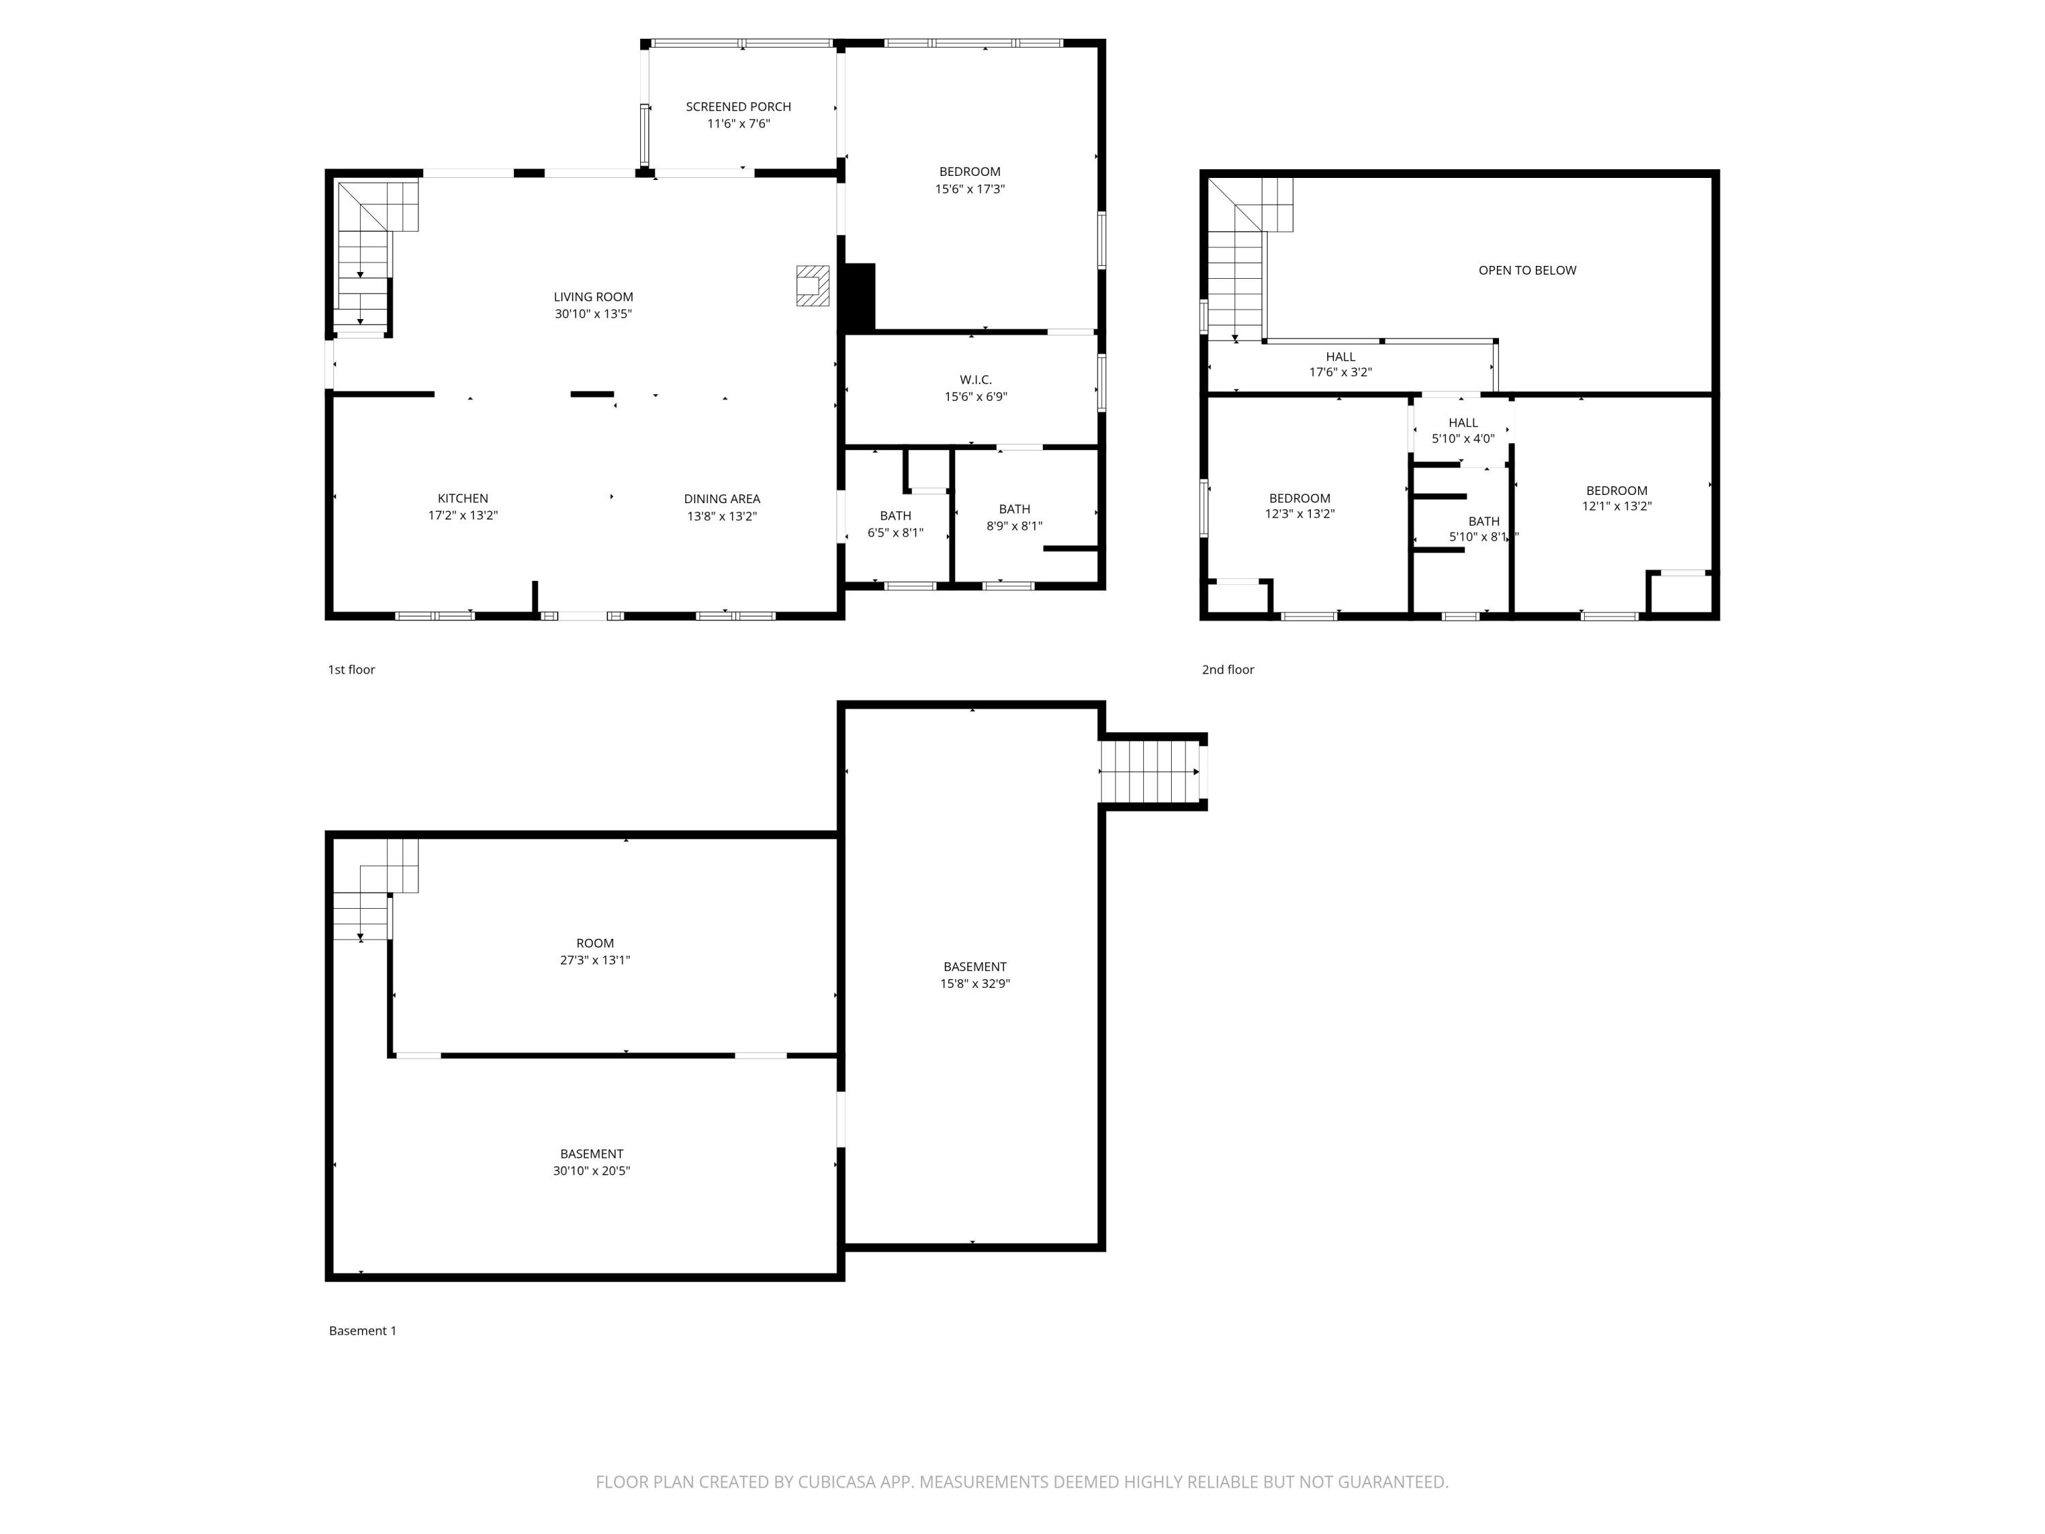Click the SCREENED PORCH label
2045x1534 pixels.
(738, 106)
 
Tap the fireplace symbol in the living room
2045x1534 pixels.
(813, 286)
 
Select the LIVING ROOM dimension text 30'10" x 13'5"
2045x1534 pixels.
(592, 314)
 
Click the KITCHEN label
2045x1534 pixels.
(462, 498)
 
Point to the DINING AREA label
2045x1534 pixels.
(721, 499)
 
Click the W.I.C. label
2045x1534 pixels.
(975, 380)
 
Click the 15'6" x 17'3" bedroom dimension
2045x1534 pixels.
(969, 190)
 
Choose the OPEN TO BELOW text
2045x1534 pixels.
(1526, 271)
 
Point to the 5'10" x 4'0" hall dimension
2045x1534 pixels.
(1463, 439)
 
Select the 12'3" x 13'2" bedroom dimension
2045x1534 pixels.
(1299, 514)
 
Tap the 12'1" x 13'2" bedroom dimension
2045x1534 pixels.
(1616, 507)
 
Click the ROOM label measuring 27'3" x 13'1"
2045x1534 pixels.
(594, 943)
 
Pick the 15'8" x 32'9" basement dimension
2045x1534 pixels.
(974, 984)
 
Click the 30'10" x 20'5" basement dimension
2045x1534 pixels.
(591, 1171)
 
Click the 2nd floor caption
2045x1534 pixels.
(1227, 670)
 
